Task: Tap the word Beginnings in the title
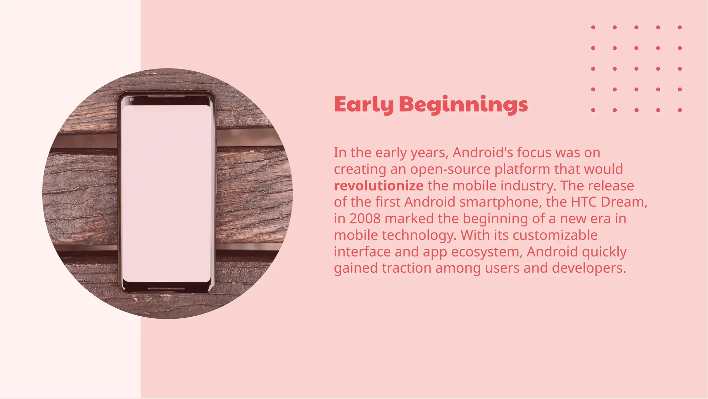tap(463, 104)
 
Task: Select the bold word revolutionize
tap(379, 186)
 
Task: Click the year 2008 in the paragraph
tap(365, 219)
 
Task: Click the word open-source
tap(450, 169)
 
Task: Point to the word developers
tap(589, 268)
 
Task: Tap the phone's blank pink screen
tap(166, 194)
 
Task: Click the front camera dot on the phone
tap(132, 100)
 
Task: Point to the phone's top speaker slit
tap(167, 96)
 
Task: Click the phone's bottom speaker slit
tap(167, 288)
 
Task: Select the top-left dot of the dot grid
tap(593, 27)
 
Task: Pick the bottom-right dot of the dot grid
tap(680, 110)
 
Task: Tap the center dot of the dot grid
tap(636, 69)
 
